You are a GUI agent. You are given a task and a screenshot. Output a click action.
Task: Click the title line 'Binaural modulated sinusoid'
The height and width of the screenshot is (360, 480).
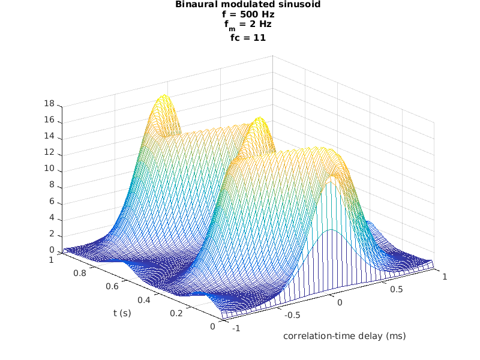coord(239,5)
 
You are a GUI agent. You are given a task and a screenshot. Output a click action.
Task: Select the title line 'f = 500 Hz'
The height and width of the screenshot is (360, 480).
coord(239,15)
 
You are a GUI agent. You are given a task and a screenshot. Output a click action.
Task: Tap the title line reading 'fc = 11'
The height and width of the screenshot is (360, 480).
coord(239,37)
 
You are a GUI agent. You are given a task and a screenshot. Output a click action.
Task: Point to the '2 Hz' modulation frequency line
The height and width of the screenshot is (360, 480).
coord(239,26)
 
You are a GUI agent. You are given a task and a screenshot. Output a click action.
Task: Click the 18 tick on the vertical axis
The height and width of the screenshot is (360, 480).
coord(49,104)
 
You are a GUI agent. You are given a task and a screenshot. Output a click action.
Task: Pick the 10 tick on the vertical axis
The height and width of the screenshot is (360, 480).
coord(49,169)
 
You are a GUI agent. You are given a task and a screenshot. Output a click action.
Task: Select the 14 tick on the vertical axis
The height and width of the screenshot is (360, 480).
coord(49,137)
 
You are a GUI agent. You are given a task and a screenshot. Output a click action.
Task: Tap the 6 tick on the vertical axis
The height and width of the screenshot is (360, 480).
coord(52,202)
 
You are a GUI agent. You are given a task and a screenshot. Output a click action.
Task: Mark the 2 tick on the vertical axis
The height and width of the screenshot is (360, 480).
coord(52,234)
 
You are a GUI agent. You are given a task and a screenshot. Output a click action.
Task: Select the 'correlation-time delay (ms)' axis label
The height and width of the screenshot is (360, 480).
coord(344,336)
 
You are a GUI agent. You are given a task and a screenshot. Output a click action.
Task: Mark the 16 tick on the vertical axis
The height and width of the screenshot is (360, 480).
coord(49,121)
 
